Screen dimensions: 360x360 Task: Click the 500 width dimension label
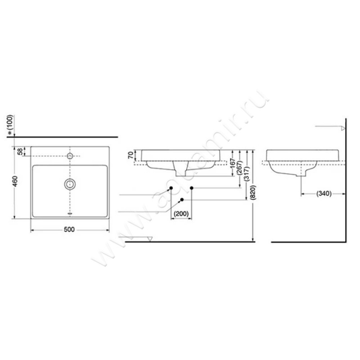pyautogui.click(x=69, y=229)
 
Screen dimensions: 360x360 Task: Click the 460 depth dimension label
pyautogui.click(x=14, y=182)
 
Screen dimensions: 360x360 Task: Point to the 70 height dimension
pyautogui.click(x=131, y=156)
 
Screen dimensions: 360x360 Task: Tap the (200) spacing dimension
pyautogui.click(x=181, y=214)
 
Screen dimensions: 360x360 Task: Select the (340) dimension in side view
pyautogui.click(x=323, y=194)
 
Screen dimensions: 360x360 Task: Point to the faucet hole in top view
pyautogui.click(x=70, y=156)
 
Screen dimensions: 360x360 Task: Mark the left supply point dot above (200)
pyautogui.click(x=171, y=187)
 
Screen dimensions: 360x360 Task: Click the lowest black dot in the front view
pyautogui.click(x=181, y=199)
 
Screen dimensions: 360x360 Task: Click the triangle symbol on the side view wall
pyautogui.click(x=342, y=128)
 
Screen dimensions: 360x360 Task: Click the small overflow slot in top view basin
pyautogui.click(x=70, y=213)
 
